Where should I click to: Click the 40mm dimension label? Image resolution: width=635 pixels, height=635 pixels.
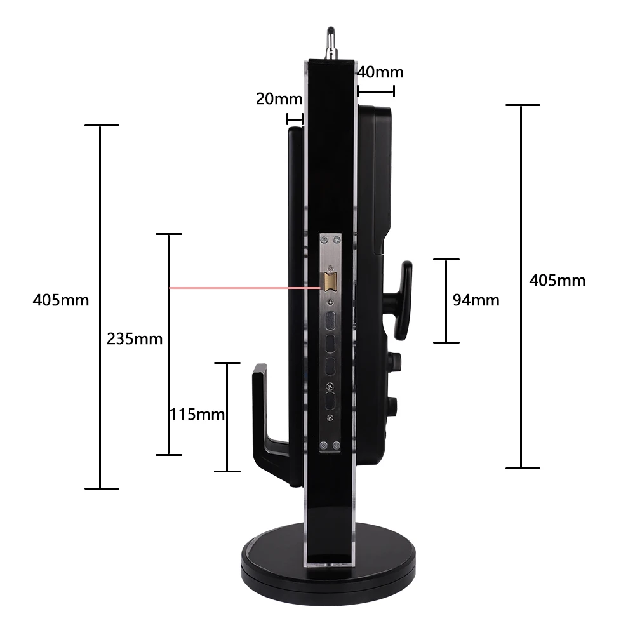380,72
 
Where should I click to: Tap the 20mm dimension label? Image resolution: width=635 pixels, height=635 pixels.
279,99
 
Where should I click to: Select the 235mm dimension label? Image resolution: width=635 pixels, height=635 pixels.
135,338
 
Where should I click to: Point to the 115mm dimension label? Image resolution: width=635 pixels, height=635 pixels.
197,414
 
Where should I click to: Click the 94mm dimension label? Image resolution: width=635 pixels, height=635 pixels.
476,300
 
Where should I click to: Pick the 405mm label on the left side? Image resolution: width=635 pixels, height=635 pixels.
61,300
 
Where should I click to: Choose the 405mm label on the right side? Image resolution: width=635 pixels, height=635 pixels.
558,280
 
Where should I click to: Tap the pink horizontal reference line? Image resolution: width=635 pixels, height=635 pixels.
245,288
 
